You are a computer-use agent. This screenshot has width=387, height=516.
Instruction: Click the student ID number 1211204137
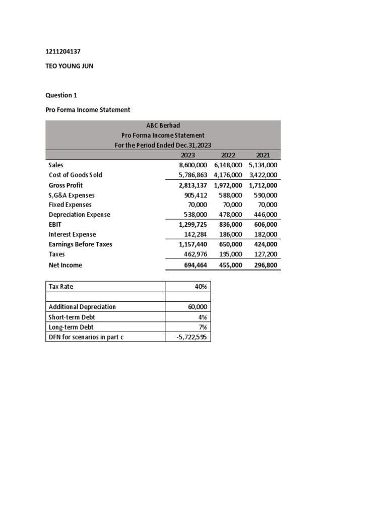pos(62,51)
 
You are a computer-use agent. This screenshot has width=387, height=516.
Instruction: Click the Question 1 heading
pos(61,95)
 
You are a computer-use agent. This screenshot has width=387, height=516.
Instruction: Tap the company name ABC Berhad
pos(163,125)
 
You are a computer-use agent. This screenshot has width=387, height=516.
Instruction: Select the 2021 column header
pos(264,155)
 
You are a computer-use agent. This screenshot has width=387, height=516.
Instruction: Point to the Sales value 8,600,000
pos(186,165)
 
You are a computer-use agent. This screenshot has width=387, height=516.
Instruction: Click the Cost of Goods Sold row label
pos(75,175)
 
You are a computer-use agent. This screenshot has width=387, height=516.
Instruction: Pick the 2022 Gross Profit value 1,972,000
pos(228,185)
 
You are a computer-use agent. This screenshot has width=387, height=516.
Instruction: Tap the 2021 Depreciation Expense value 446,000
pos(265,214)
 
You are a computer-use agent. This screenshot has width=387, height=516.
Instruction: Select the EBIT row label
pos(55,224)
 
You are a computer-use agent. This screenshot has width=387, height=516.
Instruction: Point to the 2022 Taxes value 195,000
pos(230,254)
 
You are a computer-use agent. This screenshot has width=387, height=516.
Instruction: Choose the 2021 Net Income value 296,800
pos(265,265)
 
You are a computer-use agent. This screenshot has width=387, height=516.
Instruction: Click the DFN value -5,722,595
pos(193,337)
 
